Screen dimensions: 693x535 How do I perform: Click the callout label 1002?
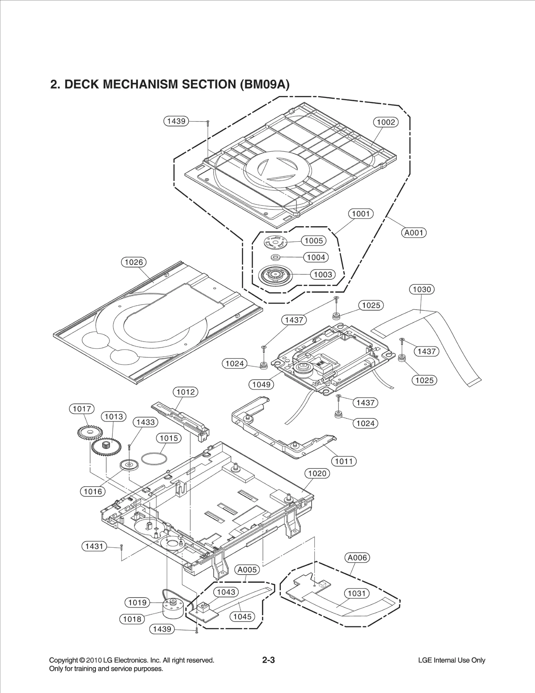tap(386, 122)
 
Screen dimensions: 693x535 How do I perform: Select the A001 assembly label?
tap(414, 233)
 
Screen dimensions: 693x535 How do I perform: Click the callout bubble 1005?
tap(314, 241)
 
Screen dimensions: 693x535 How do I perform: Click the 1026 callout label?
tap(134, 262)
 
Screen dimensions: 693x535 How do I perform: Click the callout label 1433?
tap(145, 422)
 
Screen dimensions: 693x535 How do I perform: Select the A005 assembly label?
tap(247, 570)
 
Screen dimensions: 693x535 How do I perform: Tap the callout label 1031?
tap(357, 593)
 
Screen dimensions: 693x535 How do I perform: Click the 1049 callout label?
tap(261, 384)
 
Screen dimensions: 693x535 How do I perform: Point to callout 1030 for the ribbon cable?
tap(422, 289)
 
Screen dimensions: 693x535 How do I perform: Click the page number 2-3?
tap(268, 660)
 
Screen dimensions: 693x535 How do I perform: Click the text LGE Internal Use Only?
tap(451, 660)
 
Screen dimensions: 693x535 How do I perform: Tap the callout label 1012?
tap(185, 392)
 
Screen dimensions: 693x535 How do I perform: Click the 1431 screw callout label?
tap(94, 546)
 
